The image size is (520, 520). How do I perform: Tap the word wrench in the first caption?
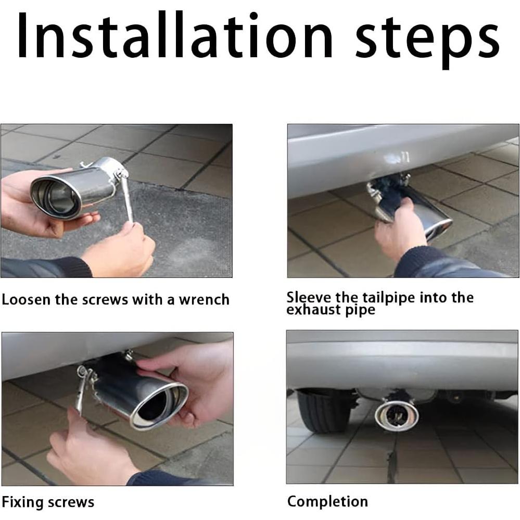pos(204,300)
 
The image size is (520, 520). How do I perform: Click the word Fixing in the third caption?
pos(22,502)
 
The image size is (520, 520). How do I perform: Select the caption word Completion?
pos(327,502)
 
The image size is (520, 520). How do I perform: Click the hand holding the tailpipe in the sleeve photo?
pos(400,229)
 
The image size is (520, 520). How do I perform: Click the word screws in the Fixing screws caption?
pos(71,502)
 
